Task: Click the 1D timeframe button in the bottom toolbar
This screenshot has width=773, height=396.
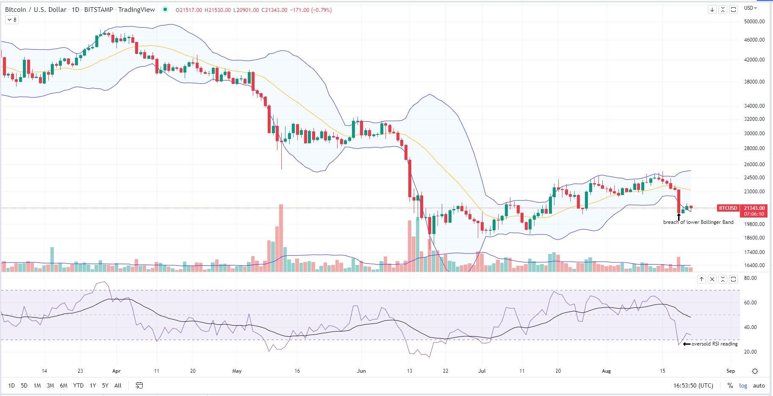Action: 11,385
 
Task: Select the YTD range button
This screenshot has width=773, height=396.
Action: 78,385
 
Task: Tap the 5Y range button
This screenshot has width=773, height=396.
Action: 105,385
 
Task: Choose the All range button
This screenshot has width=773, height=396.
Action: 118,385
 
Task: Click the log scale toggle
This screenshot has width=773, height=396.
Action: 743,385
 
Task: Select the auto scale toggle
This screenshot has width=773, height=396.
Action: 759,385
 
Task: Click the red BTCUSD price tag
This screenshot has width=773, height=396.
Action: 728,208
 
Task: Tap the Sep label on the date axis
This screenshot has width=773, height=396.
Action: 731,371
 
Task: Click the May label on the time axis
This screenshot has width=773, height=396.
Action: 237,371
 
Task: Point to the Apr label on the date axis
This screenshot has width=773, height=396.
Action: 116,371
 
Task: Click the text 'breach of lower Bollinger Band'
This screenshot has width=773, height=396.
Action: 698,222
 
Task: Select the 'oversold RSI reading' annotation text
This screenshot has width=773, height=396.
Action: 714,344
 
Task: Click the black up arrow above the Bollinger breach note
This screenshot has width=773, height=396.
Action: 679,217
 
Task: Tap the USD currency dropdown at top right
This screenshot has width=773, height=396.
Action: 751,8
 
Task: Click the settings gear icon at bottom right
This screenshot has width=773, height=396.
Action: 755,371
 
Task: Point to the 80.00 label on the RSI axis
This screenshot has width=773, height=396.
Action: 750,278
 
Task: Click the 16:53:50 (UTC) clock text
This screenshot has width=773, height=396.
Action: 693,385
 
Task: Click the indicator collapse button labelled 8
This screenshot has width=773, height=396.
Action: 12,20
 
